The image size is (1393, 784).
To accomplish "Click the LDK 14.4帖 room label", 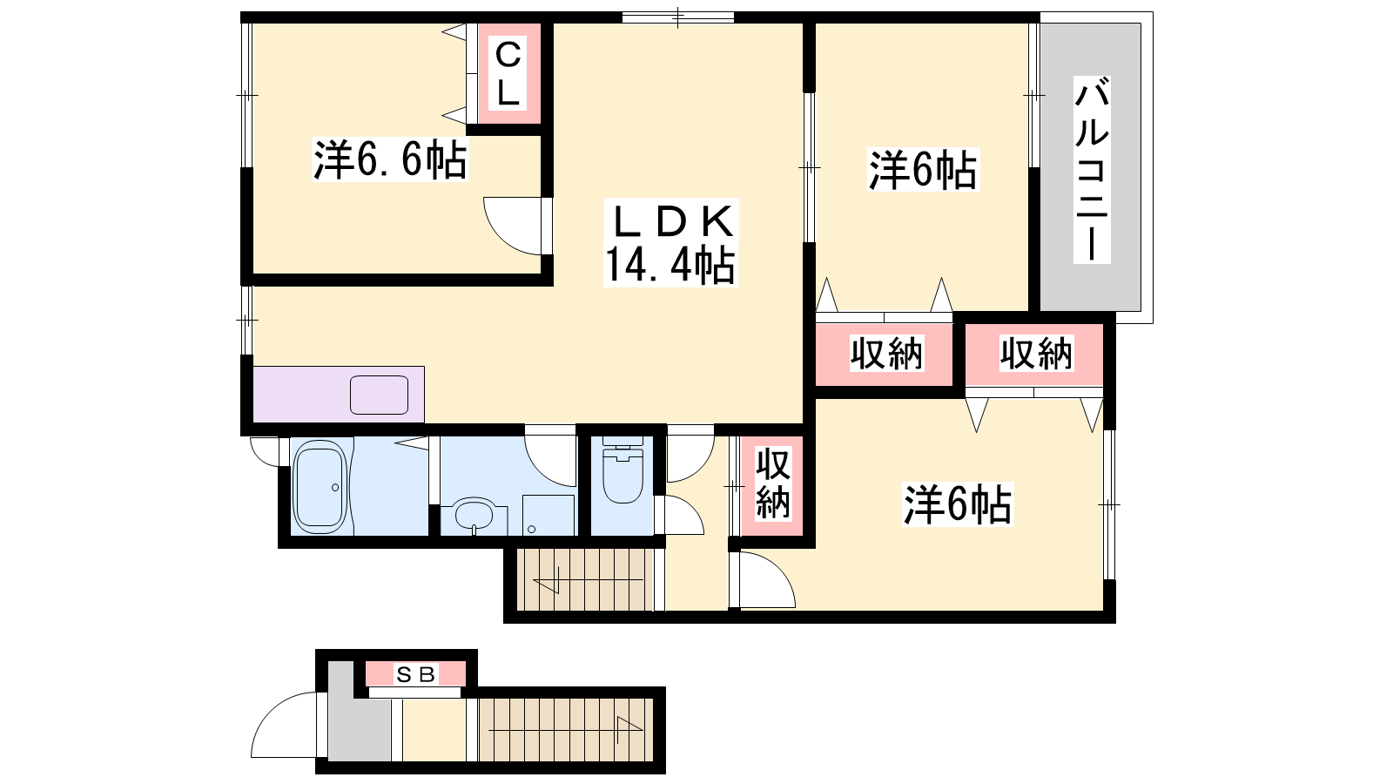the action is (x=670, y=243).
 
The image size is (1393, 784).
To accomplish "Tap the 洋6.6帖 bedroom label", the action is (x=390, y=160).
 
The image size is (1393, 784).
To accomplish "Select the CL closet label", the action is (x=508, y=73).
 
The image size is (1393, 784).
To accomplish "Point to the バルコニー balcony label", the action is (x=1092, y=169).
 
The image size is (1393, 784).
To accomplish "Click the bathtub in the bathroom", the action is (x=320, y=487).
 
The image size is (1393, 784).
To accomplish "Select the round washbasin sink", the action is (x=474, y=515).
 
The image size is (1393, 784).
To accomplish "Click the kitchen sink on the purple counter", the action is (x=379, y=395).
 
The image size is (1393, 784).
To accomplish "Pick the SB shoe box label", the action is (x=415, y=674).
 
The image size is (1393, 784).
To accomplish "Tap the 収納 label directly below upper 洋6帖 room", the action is (x=887, y=354).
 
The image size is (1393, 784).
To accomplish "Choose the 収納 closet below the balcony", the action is (x=1036, y=354).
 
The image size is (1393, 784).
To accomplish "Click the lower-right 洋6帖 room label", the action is (x=958, y=504).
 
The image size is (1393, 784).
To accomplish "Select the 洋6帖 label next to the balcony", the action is (x=923, y=169).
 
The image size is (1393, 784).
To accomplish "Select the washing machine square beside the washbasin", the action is (x=548, y=515).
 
